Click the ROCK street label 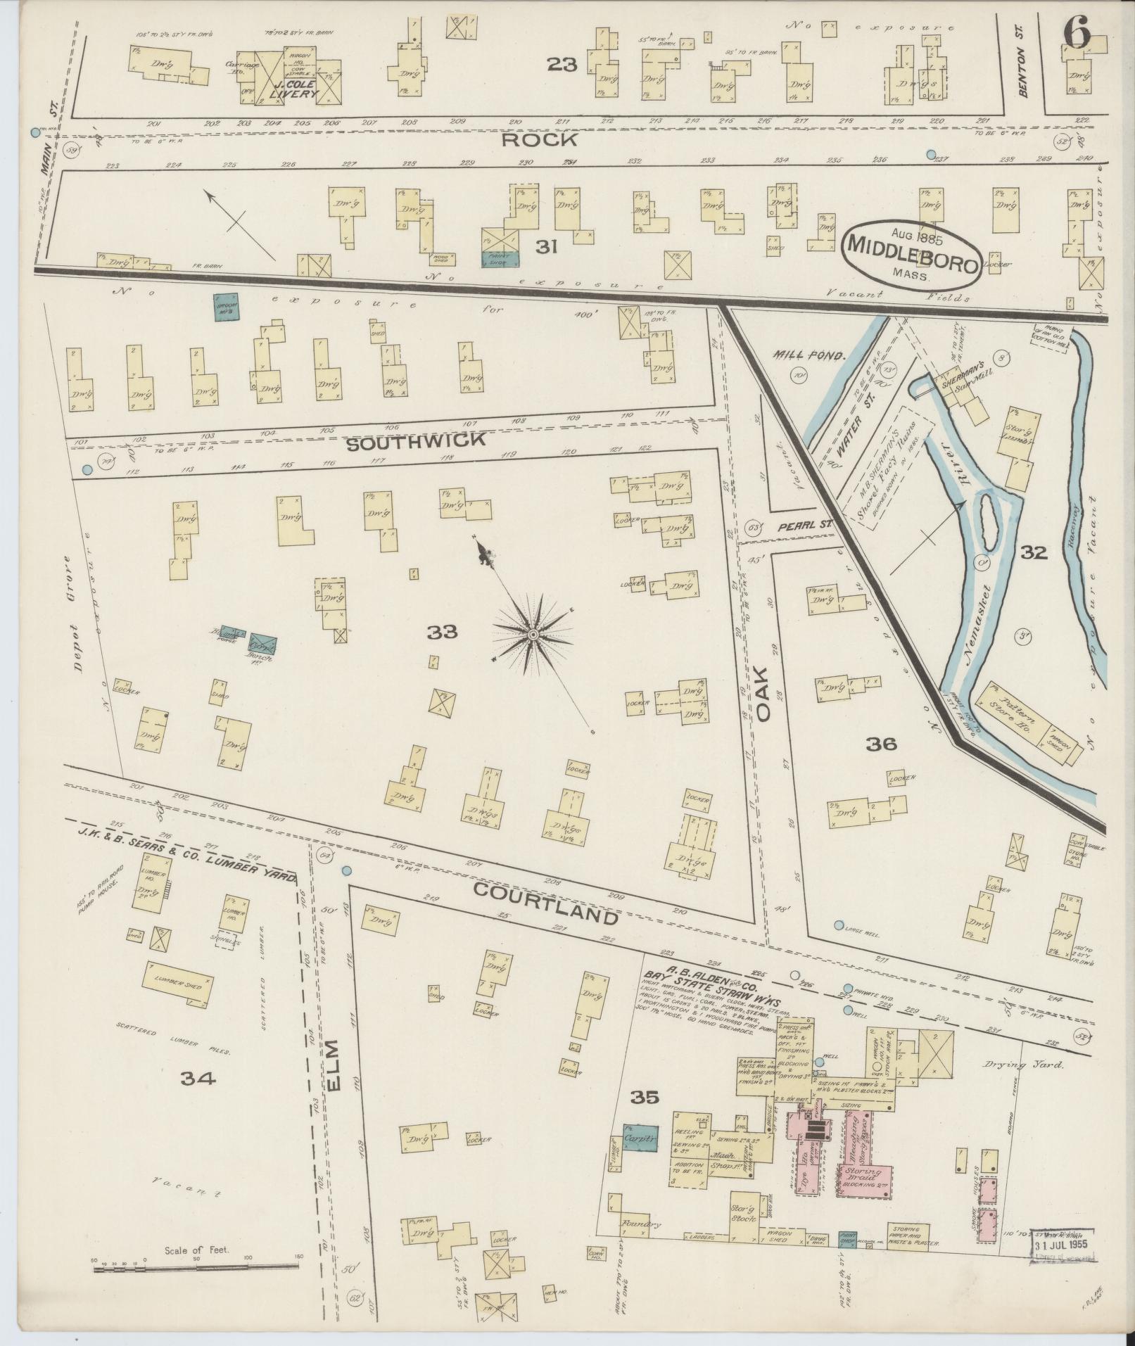[540, 140]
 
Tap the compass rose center [533, 635]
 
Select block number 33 [442, 632]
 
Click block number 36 [880, 744]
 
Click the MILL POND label [809, 356]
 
